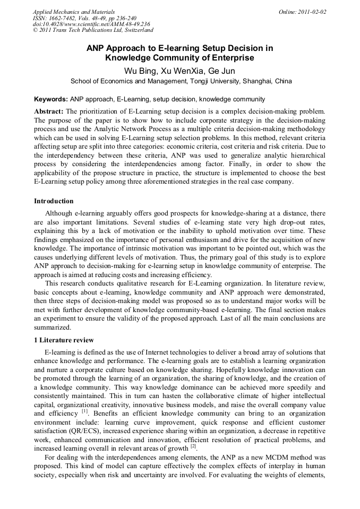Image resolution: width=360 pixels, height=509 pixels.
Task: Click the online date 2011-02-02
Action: (312, 11)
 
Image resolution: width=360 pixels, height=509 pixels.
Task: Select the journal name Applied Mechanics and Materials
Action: (74, 11)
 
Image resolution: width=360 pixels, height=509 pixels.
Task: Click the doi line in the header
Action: (91, 24)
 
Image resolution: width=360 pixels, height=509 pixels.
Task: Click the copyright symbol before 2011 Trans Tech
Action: (35, 30)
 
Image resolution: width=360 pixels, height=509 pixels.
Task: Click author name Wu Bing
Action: (137, 71)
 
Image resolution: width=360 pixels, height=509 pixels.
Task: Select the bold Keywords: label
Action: (50, 99)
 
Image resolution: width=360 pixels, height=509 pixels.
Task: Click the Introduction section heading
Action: (54, 201)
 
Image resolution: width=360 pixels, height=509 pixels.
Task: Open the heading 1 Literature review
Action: (64, 340)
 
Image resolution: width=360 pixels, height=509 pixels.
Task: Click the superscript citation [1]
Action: (84, 411)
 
